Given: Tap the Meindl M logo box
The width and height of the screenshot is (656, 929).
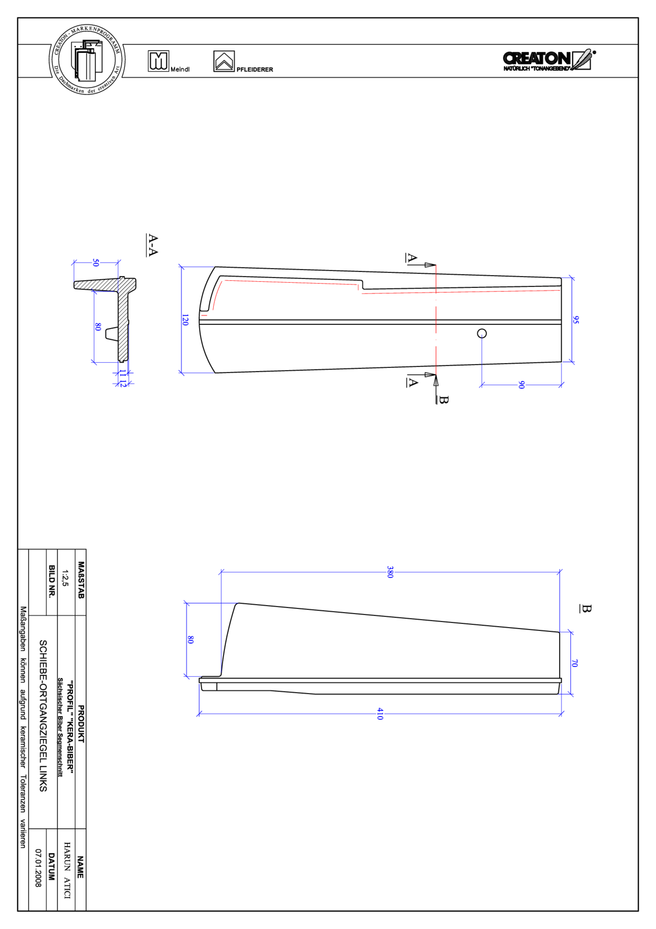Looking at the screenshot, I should (158, 61).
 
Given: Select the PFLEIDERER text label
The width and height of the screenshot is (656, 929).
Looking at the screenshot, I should (255, 70).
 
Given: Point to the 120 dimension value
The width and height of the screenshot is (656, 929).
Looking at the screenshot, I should (185, 320).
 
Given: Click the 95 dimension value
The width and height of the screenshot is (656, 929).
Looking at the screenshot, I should (575, 320).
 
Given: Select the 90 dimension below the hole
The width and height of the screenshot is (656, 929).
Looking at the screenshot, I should (521, 385).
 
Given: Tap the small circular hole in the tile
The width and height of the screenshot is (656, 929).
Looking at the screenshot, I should (481, 333).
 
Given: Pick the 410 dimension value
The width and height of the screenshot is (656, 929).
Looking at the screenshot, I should (379, 713).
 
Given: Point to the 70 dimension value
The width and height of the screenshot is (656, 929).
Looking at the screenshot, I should (574, 663).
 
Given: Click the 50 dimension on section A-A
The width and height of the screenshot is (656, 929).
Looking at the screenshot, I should (95, 263).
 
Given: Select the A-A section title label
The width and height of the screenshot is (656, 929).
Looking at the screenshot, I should (152, 245).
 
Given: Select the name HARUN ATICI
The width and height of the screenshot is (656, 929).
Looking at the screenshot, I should (67, 870).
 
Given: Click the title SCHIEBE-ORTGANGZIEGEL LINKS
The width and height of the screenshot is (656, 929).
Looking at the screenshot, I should (43, 715).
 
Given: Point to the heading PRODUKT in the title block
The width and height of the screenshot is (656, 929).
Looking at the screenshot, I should (81, 724).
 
